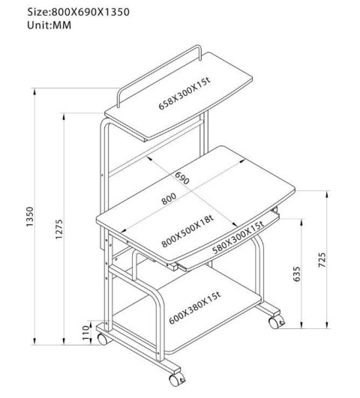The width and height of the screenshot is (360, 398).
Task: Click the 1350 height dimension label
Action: [30, 217]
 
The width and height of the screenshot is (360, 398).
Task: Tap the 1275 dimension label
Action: [58, 229]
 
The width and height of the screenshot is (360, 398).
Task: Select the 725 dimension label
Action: [322, 259]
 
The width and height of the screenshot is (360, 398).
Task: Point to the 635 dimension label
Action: [296, 274]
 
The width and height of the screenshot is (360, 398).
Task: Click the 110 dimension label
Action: [86, 333]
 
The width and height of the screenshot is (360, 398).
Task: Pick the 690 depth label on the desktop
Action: [182, 178]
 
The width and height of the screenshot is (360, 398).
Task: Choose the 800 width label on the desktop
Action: [169, 199]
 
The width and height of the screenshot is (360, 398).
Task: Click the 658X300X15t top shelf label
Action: [184, 94]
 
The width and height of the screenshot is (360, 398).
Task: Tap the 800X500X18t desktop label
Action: [187, 231]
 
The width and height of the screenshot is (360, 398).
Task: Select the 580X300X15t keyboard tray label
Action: [238, 238]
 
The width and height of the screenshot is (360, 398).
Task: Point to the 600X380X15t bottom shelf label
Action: [195, 307]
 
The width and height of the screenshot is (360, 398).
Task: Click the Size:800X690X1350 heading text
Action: [79, 12]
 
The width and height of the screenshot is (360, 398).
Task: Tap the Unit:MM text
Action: [49, 25]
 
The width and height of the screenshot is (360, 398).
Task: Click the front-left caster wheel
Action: [102, 339]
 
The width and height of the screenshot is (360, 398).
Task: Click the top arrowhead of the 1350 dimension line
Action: [34, 91]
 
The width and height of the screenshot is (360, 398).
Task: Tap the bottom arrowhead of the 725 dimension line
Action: [327, 325]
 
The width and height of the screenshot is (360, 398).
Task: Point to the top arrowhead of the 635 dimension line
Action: [301, 222]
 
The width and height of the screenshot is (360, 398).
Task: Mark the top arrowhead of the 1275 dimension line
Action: [64, 116]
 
